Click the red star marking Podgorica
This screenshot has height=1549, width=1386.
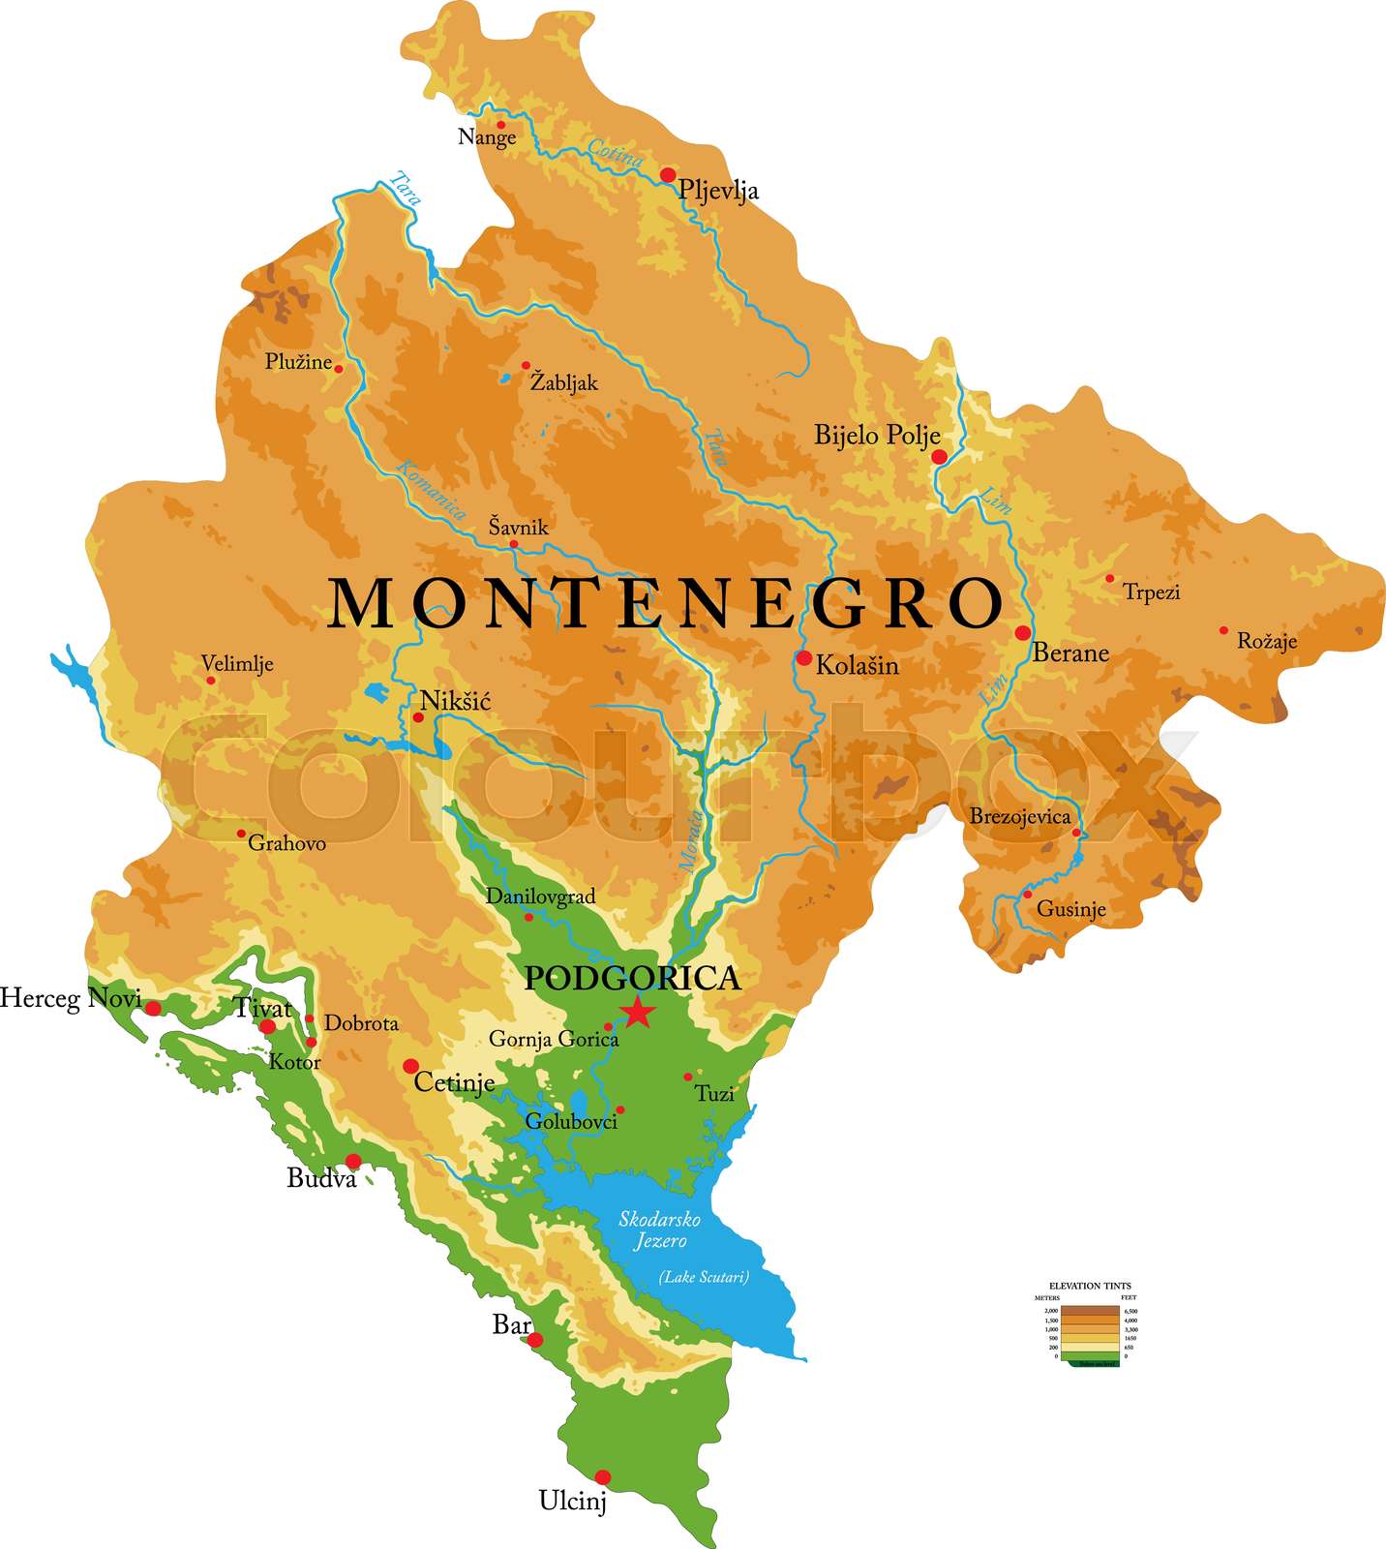(637, 1011)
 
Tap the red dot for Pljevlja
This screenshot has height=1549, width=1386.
(668, 175)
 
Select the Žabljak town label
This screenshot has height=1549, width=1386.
(564, 383)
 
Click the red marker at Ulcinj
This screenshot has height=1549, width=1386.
(603, 1477)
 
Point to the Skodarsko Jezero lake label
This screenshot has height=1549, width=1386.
(660, 1230)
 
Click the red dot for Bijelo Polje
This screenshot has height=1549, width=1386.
(939, 457)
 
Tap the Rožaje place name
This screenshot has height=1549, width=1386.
(1267, 641)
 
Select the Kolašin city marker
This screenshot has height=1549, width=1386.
(804, 658)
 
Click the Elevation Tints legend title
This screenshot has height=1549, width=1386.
(1089, 1286)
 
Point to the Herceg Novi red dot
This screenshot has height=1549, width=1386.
(153, 1009)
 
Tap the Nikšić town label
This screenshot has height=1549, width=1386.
(456, 701)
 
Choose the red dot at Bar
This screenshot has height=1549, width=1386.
(535, 1340)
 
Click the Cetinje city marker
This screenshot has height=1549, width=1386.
(410, 1066)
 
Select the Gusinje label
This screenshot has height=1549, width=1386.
(1070, 909)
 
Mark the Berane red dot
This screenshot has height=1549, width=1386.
(1023, 633)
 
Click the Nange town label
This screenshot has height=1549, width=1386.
(487, 137)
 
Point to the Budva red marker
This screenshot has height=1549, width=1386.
(353, 1161)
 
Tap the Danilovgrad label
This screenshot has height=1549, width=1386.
(540, 896)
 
